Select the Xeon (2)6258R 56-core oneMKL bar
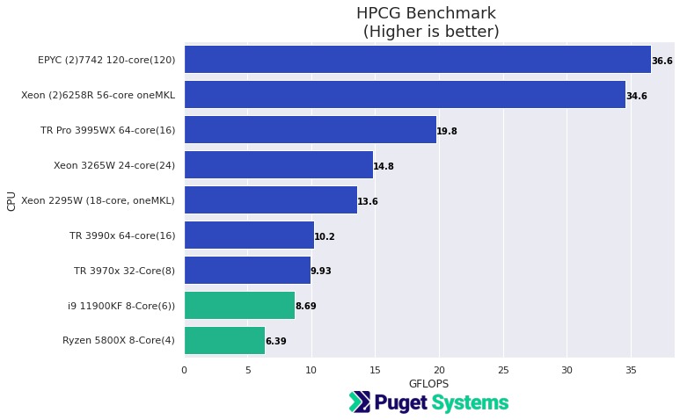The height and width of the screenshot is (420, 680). (x=405, y=95)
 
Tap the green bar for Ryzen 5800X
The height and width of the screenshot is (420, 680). (x=224, y=341)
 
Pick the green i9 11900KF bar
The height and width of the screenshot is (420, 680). (x=239, y=306)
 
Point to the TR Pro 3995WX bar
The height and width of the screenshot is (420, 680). (x=310, y=130)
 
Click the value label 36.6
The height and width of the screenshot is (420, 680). (x=662, y=61)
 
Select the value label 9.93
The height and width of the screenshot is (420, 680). (x=321, y=272)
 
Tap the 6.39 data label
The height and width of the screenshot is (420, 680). (x=276, y=342)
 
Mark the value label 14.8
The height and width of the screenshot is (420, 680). (x=384, y=166)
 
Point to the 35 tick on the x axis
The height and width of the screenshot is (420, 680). (x=631, y=370)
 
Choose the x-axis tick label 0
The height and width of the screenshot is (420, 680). (x=184, y=370)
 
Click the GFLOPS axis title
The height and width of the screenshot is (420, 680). (x=429, y=384)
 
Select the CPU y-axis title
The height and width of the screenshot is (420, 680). (x=11, y=200)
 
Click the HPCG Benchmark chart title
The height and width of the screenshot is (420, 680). (x=426, y=13)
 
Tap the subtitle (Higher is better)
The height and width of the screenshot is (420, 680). (x=431, y=32)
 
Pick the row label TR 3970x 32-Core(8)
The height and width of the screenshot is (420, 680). (x=124, y=271)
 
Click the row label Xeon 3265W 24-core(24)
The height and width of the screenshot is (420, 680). (x=114, y=165)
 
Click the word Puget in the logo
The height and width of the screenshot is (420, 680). (x=401, y=403)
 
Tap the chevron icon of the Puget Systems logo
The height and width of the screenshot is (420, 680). (x=360, y=402)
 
